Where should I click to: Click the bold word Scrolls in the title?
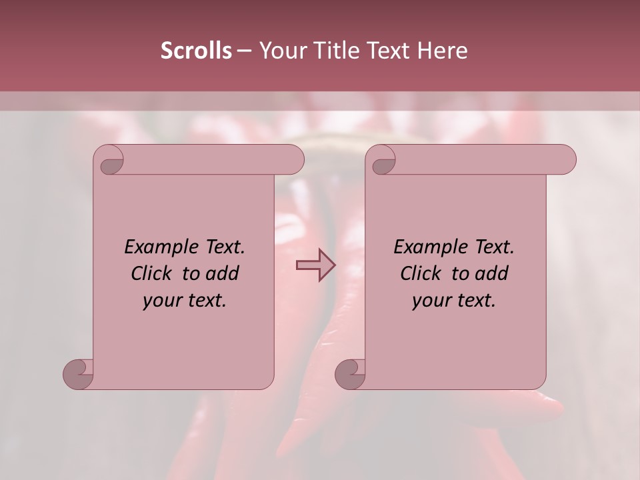pyautogui.click(x=196, y=51)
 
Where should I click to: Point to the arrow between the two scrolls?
pyautogui.click(x=316, y=265)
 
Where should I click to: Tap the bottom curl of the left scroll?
pyautogui.click(x=78, y=374)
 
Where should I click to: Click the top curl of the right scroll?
pyautogui.click(x=383, y=161)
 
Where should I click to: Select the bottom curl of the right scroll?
pyautogui.click(x=350, y=374)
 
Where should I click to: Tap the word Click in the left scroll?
pyautogui.click(x=151, y=274)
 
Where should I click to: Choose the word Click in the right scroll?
pyautogui.click(x=421, y=274)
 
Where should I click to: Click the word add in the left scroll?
pyautogui.click(x=223, y=274)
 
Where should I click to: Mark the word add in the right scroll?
pyautogui.click(x=492, y=274)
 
